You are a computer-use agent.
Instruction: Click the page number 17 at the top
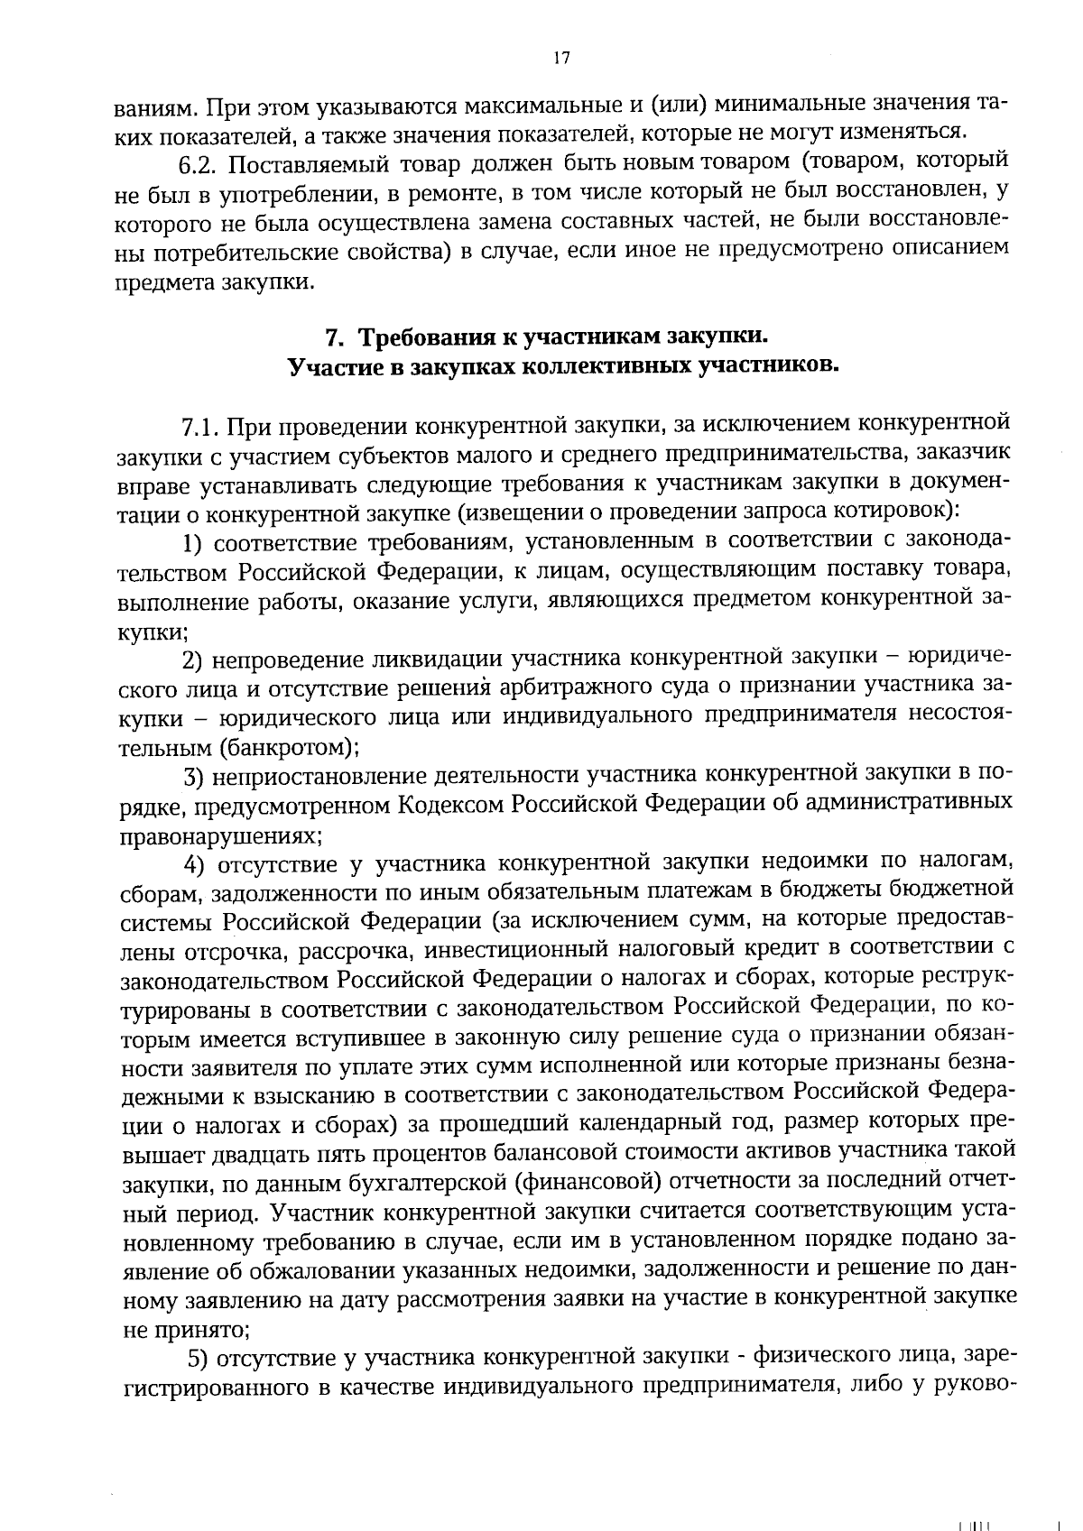point(560,59)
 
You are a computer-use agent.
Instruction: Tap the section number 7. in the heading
point(333,338)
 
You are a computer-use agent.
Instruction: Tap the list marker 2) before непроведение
point(192,662)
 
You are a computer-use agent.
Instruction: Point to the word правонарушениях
point(220,835)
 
